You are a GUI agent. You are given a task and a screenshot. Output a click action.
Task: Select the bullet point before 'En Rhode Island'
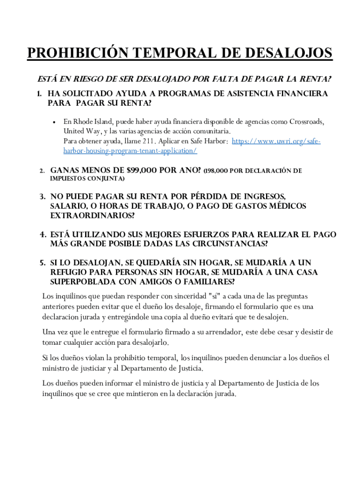54,122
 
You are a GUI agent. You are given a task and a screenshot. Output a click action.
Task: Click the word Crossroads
307,122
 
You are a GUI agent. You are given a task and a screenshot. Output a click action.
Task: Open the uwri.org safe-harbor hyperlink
276,141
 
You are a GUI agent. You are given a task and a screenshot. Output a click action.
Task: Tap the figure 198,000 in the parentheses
217,171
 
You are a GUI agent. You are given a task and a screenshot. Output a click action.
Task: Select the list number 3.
42,196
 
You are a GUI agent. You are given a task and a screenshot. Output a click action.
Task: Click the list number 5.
42,263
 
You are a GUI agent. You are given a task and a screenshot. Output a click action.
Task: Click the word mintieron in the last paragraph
133,393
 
